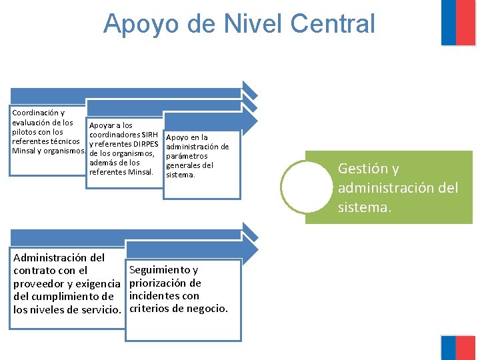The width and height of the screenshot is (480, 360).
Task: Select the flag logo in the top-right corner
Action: coord(458,23)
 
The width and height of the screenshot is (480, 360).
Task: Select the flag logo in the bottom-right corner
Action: coord(458,347)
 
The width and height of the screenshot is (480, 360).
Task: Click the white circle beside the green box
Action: coord(306,187)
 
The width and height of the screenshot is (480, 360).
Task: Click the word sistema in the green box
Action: coord(363,207)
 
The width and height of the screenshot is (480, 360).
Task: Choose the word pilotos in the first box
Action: coord(26,132)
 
